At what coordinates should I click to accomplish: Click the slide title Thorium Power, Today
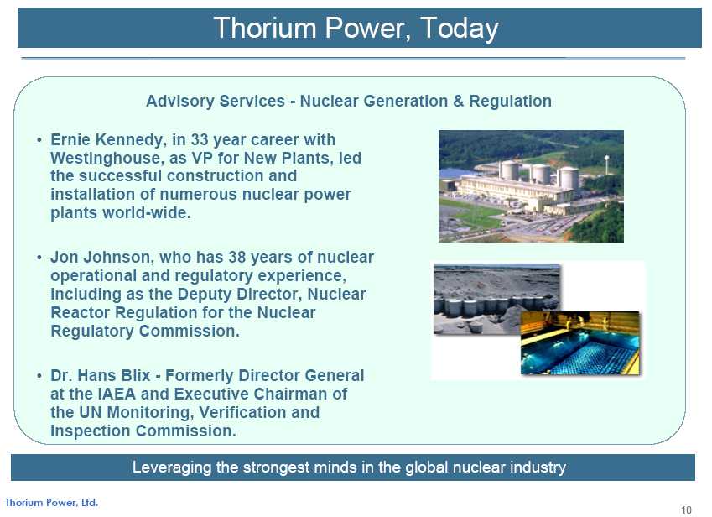(356, 29)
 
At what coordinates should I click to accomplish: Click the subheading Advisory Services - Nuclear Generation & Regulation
(349, 101)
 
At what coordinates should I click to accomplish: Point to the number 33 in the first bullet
(200, 139)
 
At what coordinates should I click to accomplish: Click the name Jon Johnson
(101, 257)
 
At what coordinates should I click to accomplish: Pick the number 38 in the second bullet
(237, 257)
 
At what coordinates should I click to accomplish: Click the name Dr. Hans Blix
(101, 376)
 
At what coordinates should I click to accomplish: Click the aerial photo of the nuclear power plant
(531, 186)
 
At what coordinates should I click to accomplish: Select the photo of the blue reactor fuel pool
(579, 343)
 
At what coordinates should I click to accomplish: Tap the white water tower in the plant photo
(606, 164)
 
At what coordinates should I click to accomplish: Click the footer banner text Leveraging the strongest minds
(349, 467)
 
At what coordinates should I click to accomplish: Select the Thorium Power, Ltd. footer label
(51, 503)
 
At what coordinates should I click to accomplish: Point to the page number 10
(686, 509)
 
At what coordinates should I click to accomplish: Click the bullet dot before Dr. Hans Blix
(39, 376)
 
